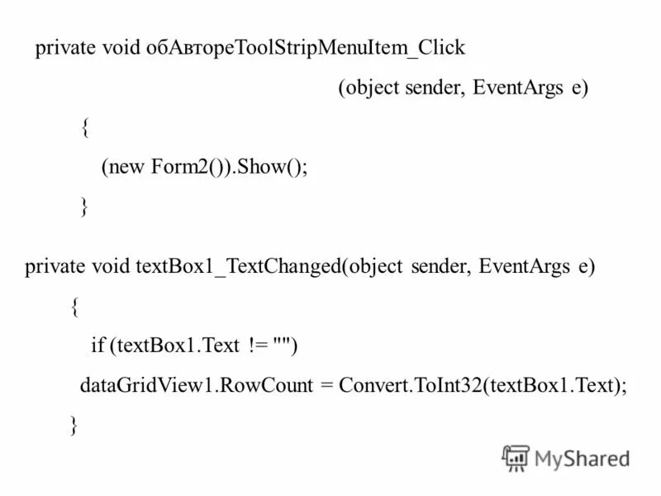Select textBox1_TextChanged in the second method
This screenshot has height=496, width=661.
tap(238, 267)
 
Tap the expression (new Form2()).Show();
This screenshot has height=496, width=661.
tap(204, 166)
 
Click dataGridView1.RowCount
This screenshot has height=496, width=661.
tap(196, 386)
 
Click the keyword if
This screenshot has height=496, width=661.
tap(97, 346)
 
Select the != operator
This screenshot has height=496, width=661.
tap(256, 346)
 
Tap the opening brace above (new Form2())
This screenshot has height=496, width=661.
tap(85, 127)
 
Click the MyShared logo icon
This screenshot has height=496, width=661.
tap(516, 456)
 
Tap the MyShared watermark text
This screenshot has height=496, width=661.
tap(582, 457)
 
